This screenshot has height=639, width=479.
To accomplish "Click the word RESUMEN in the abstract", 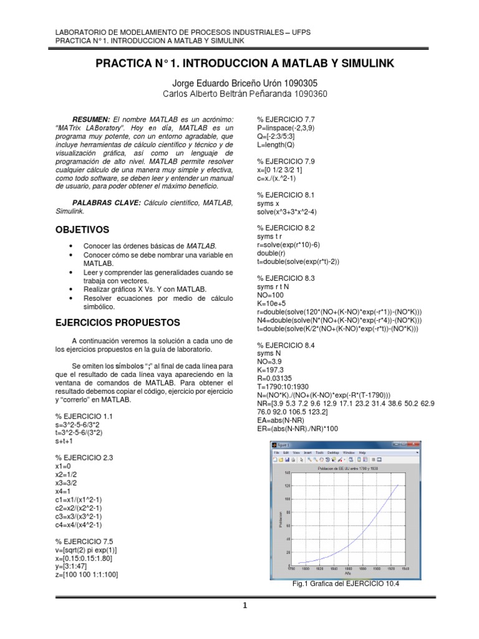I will (x=91, y=119).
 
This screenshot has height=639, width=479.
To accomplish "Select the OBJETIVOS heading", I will (x=82, y=230).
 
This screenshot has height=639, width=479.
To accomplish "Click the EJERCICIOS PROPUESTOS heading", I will (x=117, y=323).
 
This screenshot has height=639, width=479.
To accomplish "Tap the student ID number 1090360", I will (x=305, y=94).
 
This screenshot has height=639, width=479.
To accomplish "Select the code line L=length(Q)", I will (x=276, y=145).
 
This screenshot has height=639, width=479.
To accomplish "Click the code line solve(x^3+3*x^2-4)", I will (x=293, y=212).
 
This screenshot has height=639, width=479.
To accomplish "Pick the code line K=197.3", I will (x=272, y=369).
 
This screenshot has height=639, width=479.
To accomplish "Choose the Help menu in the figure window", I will (x=362, y=452).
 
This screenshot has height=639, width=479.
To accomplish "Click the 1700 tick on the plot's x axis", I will (x=291, y=568).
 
